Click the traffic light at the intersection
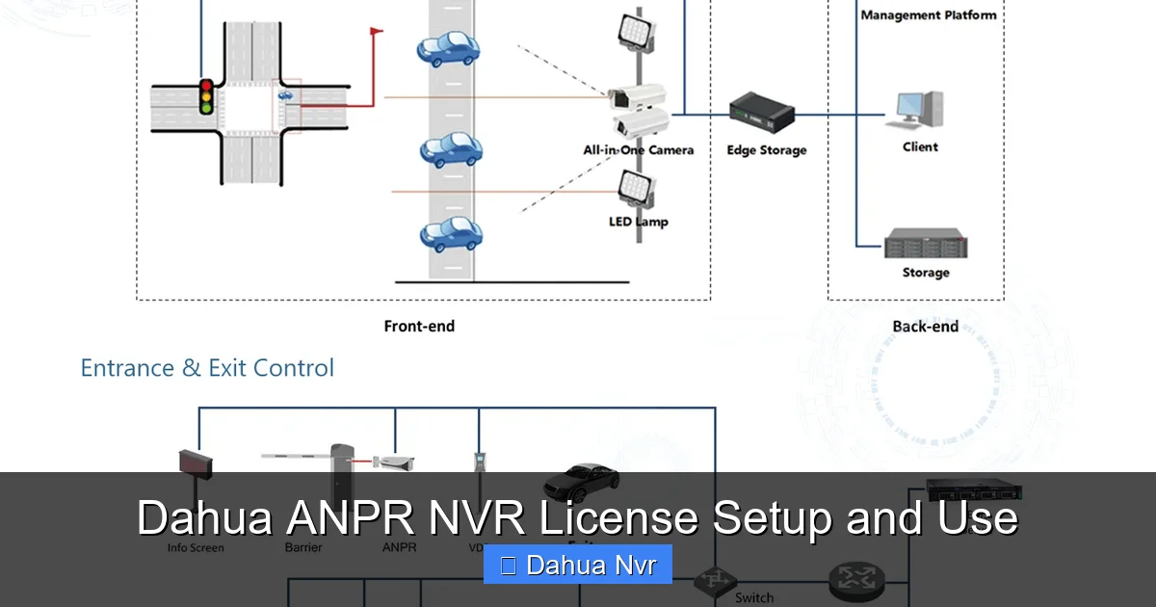205,96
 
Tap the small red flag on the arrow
376,31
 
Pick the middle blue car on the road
451,150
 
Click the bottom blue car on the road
451,234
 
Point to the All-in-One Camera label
638,149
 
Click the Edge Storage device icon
761,111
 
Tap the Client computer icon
920,109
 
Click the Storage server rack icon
926,244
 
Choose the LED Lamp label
638,222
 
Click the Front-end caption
419,327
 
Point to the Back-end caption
925,327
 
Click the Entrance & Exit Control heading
207,368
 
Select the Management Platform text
928,15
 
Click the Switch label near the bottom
754,597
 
